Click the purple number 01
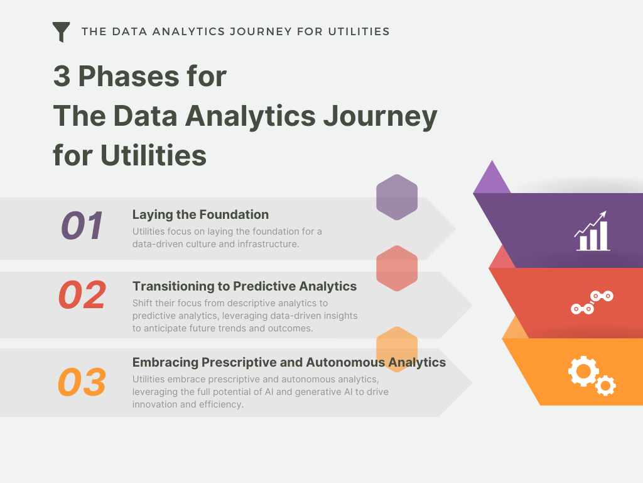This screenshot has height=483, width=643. coord(82,226)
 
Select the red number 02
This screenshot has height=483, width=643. coord(82,296)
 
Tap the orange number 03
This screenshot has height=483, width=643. coord(82,382)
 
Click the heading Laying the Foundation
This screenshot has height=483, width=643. coord(200,214)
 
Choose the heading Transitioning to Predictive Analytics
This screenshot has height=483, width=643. coord(244,286)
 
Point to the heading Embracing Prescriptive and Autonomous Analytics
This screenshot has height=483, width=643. coord(289,362)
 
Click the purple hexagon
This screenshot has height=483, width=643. coord(397,197)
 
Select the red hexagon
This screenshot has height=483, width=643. coord(397,269)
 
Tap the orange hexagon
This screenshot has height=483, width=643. coord(397,350)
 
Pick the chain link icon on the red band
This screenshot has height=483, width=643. coord(592,303)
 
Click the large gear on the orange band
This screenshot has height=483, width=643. coord(583,371)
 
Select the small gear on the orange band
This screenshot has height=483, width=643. coord(605,384)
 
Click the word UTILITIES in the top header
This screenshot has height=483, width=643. coord(359,31)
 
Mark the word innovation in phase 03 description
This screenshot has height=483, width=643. coord(156,404)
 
